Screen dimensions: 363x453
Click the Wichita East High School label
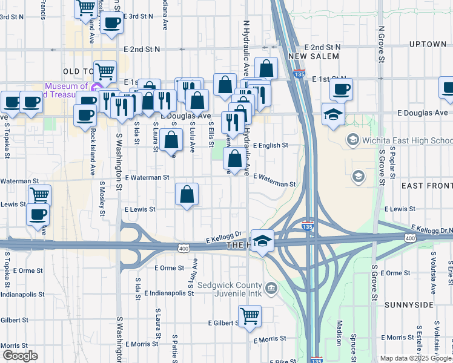[405, 140]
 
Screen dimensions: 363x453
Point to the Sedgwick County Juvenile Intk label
[230, 290]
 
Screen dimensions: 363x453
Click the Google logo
[20, 356]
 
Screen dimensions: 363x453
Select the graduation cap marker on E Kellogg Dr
[262, 241]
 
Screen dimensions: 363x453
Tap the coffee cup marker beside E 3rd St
[111, 24]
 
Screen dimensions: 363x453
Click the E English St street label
[270, 146]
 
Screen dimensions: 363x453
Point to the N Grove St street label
[382, 44]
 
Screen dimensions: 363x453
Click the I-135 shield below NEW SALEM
[299, 73]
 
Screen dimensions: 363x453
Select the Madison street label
[339, 332]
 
